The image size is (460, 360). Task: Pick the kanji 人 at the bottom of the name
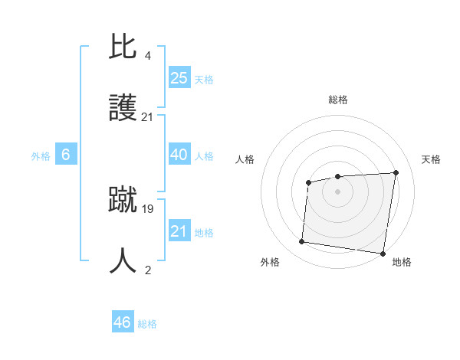tap(124, 260)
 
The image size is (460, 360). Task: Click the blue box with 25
tap(179, 78)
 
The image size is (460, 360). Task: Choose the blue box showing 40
tap(179, 155)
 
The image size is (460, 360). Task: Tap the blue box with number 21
tap(179, 231)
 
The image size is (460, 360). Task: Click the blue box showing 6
tap(66, 155)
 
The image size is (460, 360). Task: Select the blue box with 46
tap(123, 322)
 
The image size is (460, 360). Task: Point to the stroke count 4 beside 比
tap(148, 55)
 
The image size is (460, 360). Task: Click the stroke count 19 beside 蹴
tap(148, 208)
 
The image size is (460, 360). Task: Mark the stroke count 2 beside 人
tap(148, 270)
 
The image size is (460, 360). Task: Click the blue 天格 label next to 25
tap(204, 80)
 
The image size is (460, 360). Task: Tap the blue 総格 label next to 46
tap(147, 324)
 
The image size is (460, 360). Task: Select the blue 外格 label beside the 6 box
tap(41, 156)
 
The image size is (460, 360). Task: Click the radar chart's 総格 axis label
tap(338, 100)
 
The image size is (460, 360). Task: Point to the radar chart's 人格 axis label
tap(245, 159)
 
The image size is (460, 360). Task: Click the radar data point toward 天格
tap(396, 172)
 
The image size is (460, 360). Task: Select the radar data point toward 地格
tap(383, 253)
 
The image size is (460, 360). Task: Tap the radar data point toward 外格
tap(302, 242)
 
